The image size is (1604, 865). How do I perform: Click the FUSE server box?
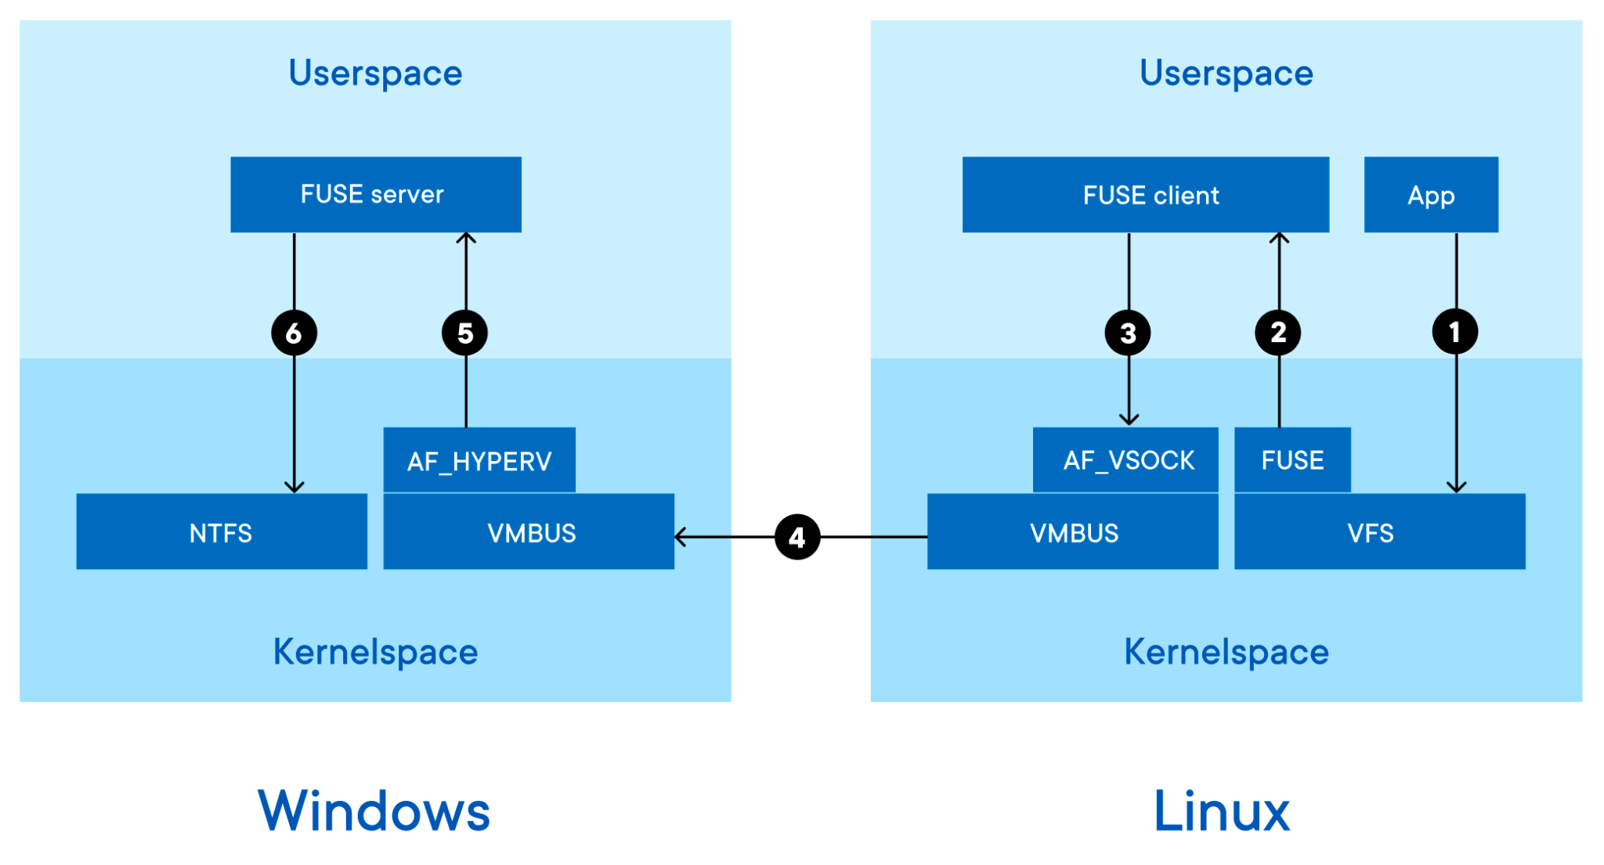tap(375, 194)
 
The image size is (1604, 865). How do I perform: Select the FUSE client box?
tap(1145, 194)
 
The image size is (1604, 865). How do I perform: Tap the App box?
tap(1430, 194)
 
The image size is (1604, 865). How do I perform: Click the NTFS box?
tap(221, 532)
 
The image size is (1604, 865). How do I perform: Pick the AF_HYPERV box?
tap(479, 460)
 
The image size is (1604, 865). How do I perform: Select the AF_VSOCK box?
tap(1125, 460)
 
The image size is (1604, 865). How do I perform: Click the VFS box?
tap(1378, 532)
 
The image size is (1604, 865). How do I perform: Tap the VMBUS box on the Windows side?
tap(529, 532)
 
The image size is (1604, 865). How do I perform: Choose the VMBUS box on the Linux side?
tap(1072, 532)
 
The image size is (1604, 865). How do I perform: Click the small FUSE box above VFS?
tap(1292, 460)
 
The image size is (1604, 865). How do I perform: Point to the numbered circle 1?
tap(1454, 332)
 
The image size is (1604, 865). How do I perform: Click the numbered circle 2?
tap(1277, 332)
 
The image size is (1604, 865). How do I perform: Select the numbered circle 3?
tap(1127, 333)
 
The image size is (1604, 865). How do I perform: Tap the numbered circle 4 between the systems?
tap(797, 537)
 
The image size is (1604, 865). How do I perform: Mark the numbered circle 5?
tap(464, 333)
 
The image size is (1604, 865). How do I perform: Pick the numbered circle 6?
tap(294, 333)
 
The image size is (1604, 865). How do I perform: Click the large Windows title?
tap(374, 811)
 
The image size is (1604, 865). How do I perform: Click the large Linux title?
tap(1221, 811)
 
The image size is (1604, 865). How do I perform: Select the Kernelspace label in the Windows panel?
tap(375, 651)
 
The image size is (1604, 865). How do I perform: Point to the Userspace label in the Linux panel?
tap(1226, 73)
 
